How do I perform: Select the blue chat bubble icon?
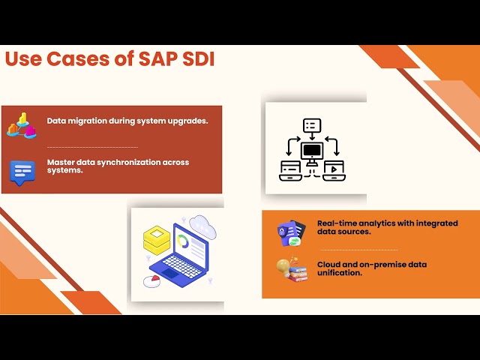click(22, 172)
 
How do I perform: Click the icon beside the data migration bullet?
click(22, 125)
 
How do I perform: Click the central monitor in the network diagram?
click(311, 151)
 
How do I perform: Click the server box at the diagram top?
click(311, 125)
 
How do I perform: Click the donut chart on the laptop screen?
click(183, 241)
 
